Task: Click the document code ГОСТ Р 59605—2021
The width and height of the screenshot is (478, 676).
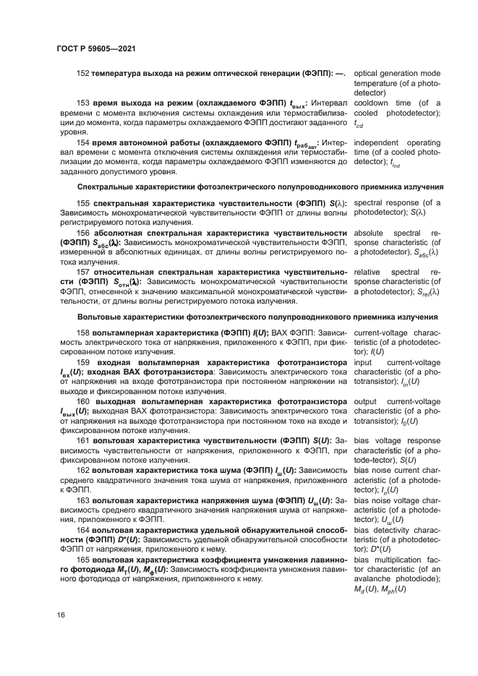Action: click(x=96, y=48)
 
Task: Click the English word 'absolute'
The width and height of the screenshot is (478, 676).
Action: click(x=370, y=234)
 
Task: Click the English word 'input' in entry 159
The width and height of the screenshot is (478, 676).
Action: click(x=363, y=362)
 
